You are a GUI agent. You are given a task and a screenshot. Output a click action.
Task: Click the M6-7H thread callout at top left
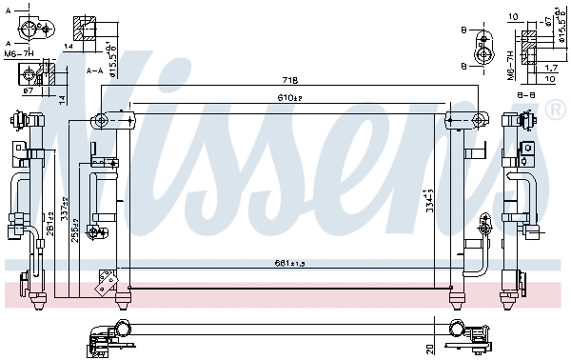tap(19, 52)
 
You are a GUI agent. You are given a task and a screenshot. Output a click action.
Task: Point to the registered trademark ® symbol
tap(555, 112)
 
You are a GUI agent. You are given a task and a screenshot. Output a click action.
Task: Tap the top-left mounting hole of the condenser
tap(98, 120)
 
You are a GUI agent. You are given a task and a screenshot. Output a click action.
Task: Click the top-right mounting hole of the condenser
tap(453, 120)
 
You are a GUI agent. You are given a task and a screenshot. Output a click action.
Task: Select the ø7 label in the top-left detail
tap(28, 91)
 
